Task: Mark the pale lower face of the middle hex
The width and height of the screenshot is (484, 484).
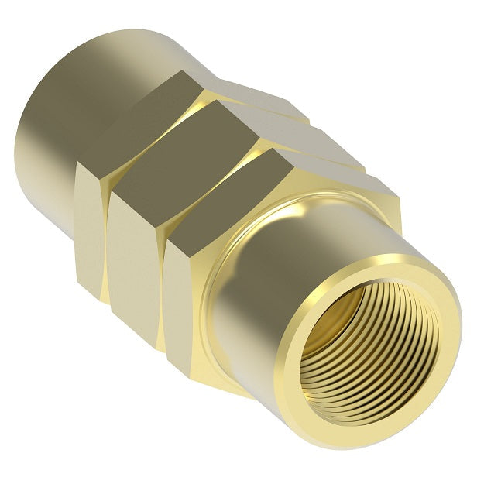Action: [x=136, y=263]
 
